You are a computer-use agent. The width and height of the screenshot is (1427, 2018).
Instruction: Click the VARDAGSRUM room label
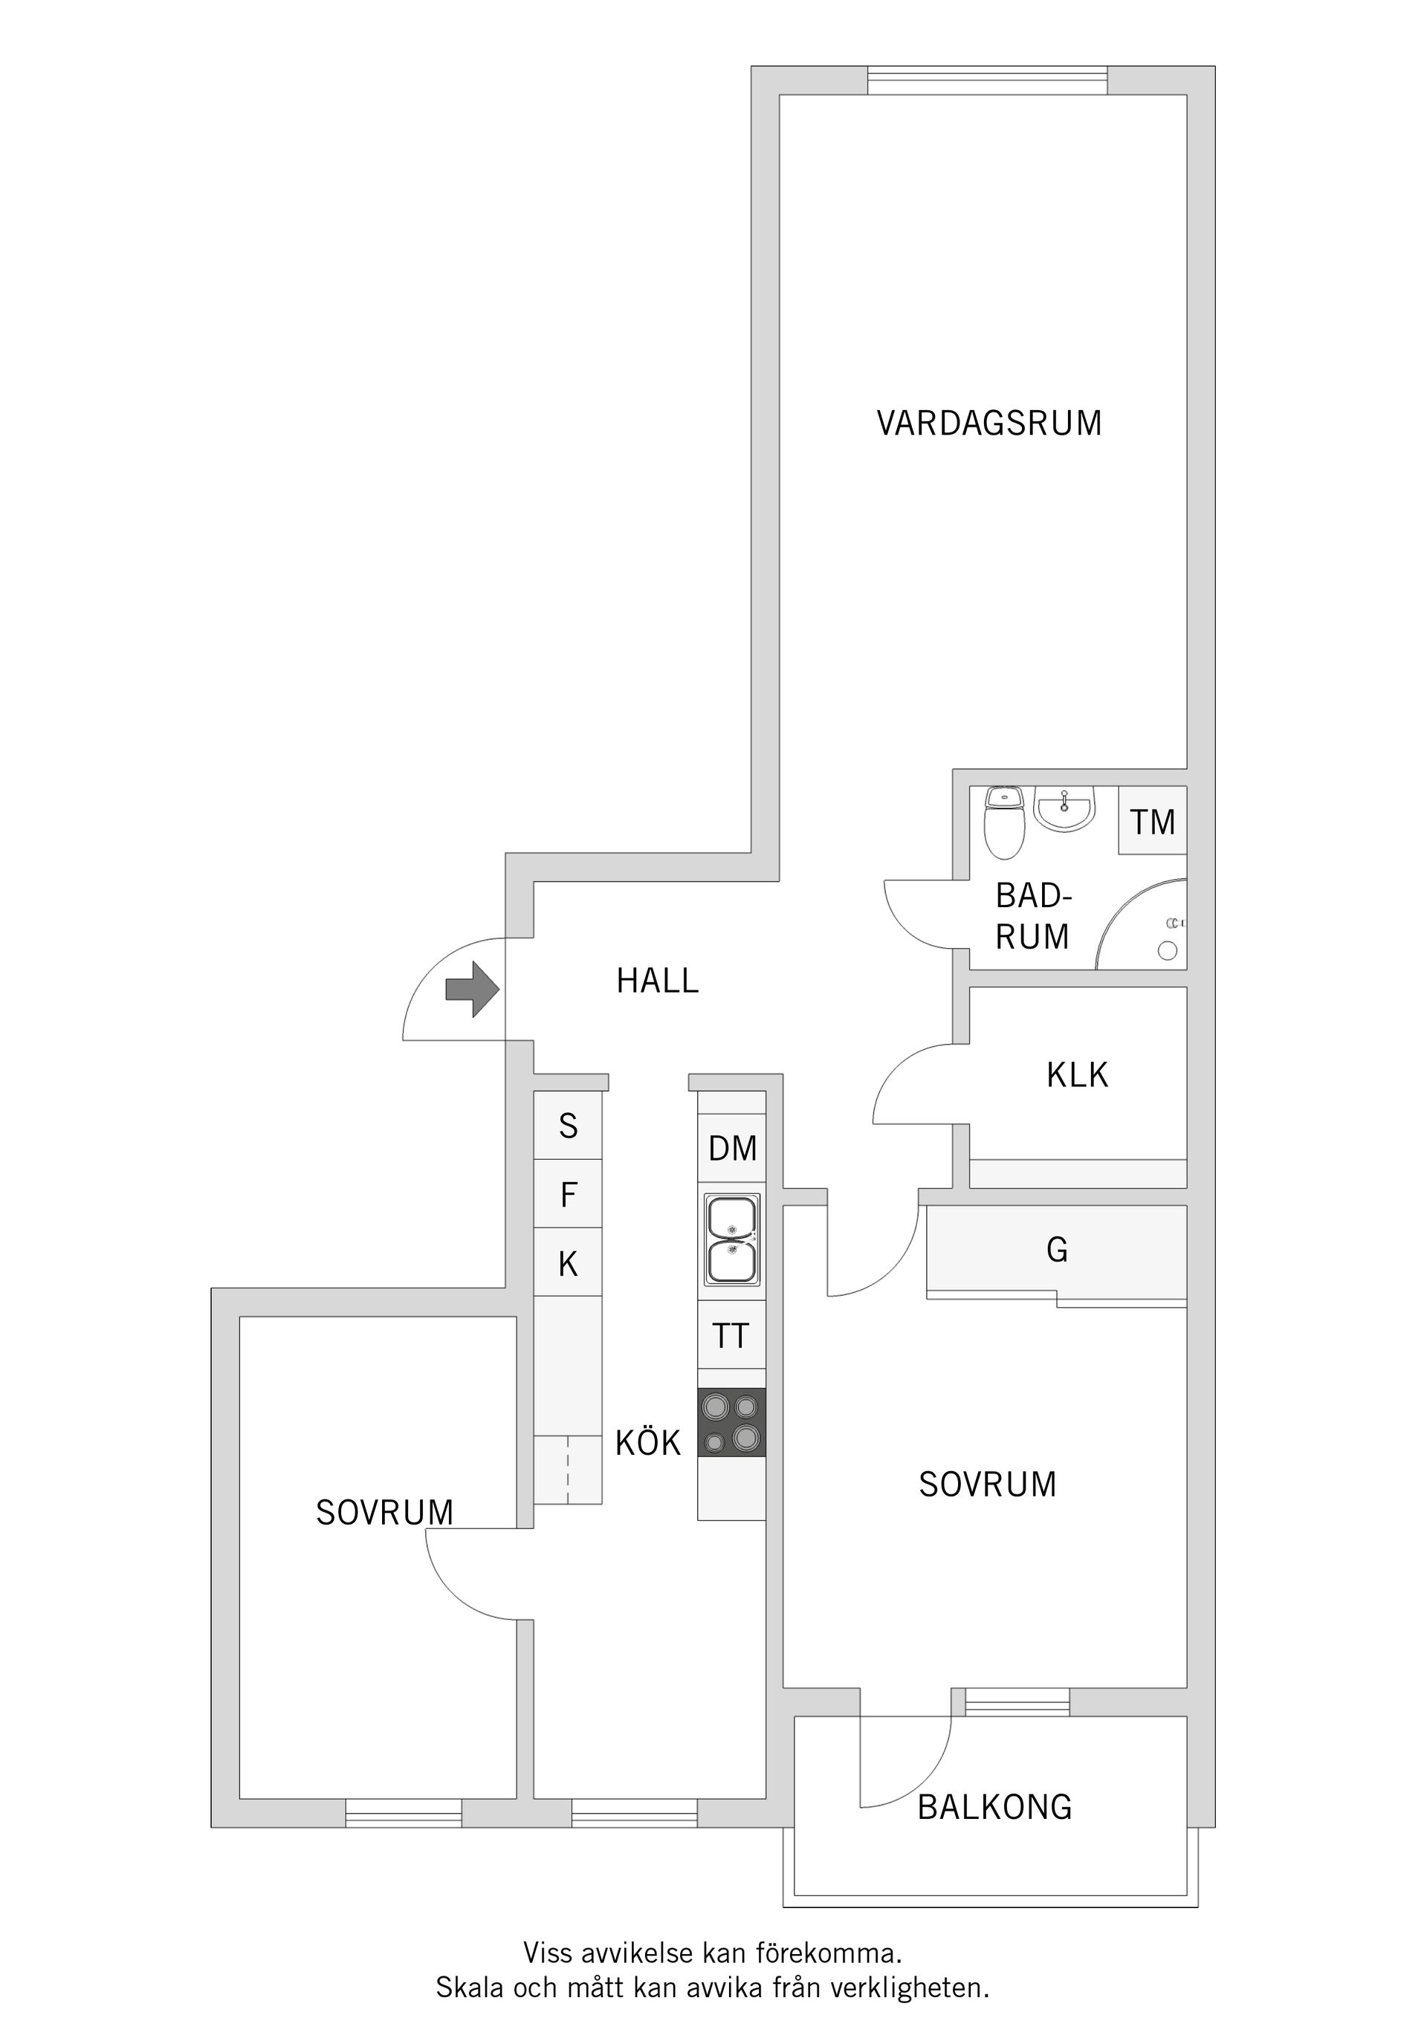(x=989, y=424)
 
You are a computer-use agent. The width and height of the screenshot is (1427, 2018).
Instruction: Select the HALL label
(x=657, y=981)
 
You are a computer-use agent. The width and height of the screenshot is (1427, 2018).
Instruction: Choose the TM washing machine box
(x=1153, y=823)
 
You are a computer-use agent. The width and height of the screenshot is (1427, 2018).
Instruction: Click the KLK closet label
(x=1077, y=1075)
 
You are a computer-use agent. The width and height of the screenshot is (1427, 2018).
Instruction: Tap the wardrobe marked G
(x=1057, y=1250)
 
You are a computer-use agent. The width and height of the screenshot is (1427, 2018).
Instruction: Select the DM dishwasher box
(x=732, y=1149)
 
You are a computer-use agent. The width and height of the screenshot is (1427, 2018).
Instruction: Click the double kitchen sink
(x=731, y=1240)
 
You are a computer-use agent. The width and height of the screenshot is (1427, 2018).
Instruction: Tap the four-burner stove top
(x=731, y=1422)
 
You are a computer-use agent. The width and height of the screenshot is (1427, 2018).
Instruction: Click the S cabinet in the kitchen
(x=568, y=1126)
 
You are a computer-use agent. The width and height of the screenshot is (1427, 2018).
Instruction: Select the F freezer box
(x=568, y=1195)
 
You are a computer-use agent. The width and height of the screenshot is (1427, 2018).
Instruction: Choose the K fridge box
(x=568, y=1264)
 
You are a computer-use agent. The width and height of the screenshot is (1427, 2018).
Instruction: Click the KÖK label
(x=648, y=1443)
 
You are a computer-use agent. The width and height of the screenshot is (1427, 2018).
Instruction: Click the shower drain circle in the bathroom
(x=1168, y=950)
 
